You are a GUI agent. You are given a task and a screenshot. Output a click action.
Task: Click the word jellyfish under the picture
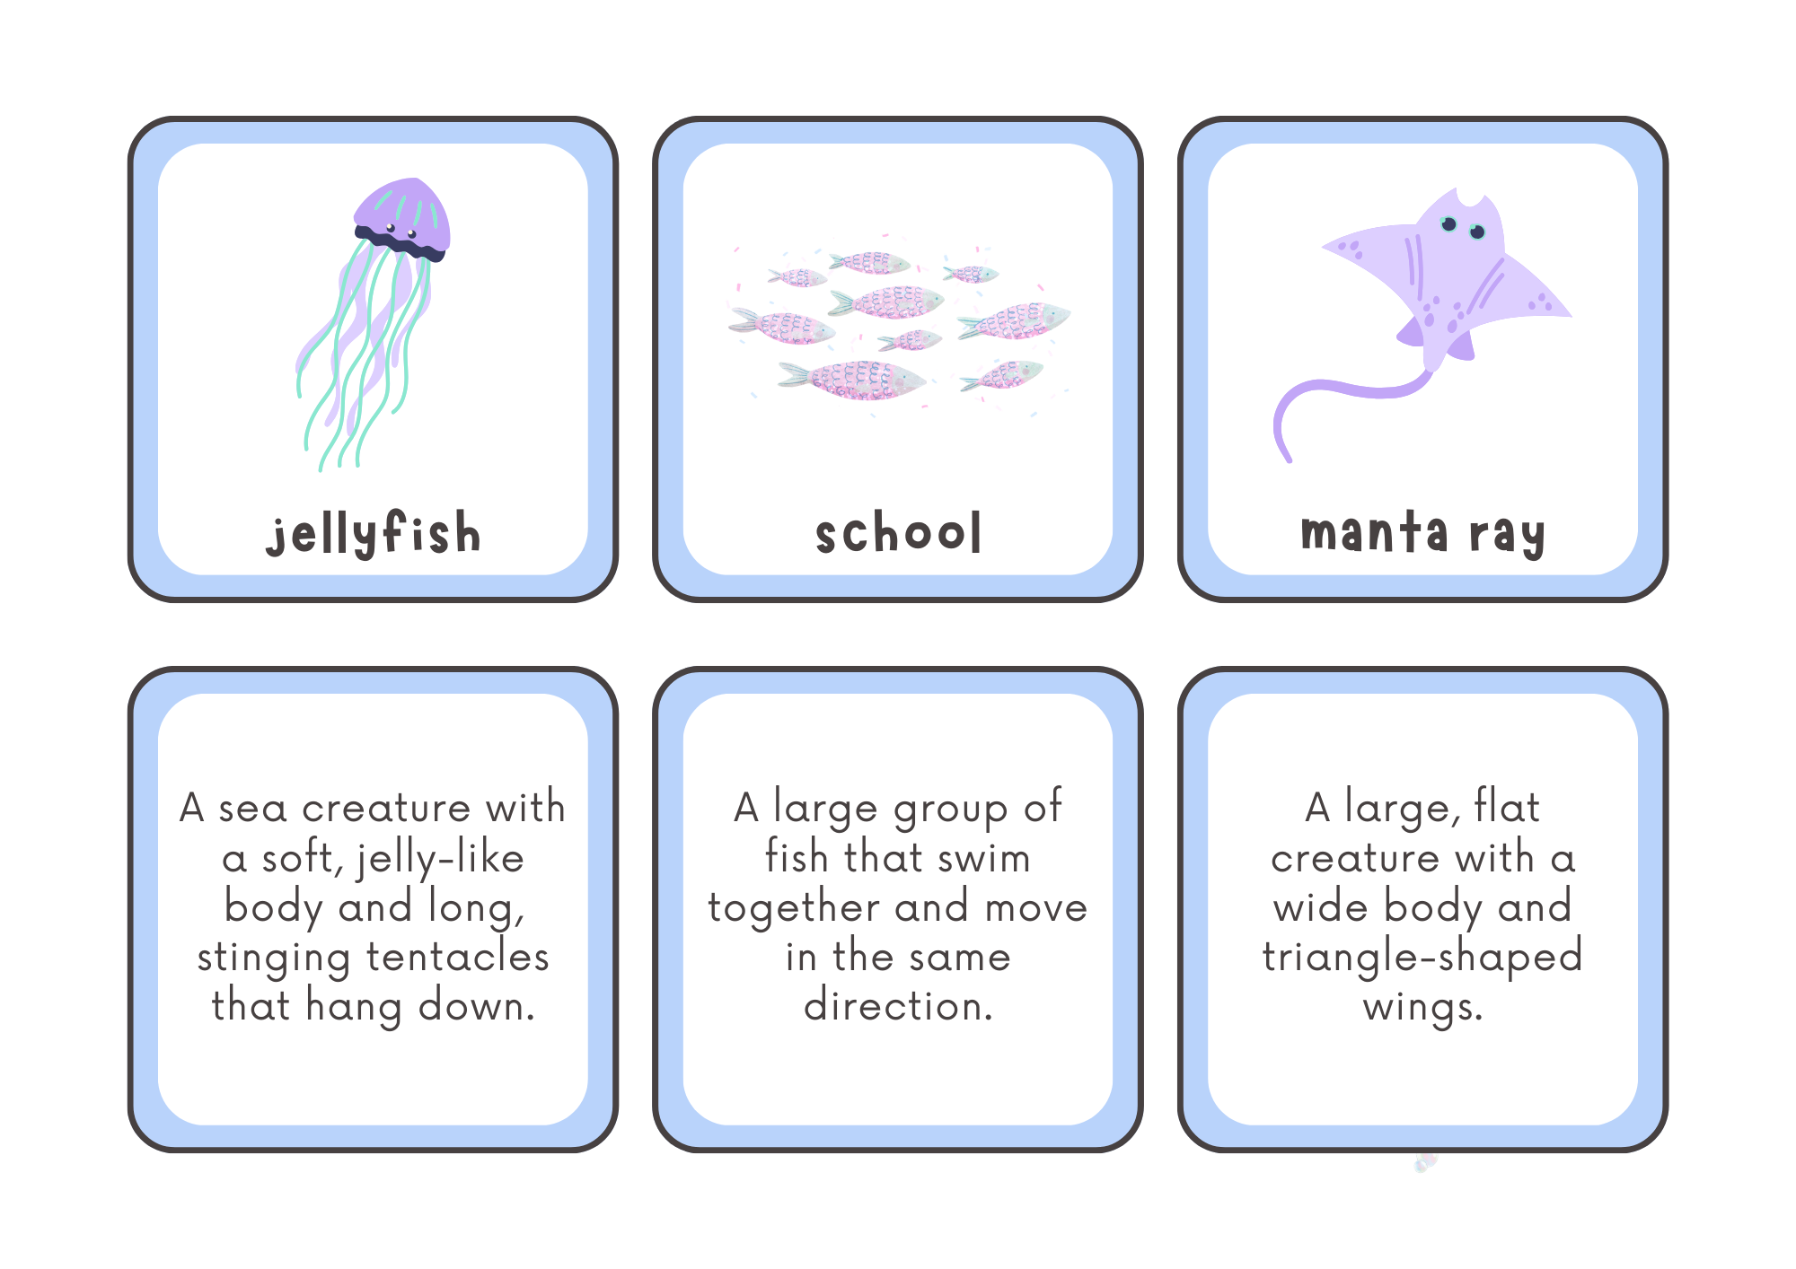pyautogui.click(x=374, y=533)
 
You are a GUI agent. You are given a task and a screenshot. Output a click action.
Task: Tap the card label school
pyautogui.click(x=898, y=533)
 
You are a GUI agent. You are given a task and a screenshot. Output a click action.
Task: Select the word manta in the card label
pyautogui.click(x=1374, y=533)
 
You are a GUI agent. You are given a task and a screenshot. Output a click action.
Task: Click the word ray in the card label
pyautogui.click(x=1507, y=535)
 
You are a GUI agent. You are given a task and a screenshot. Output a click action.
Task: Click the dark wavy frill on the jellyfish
pyautogui.click(x=401, y=242)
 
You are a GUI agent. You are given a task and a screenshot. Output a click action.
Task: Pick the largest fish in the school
pyautogui.click(x=853, y=380)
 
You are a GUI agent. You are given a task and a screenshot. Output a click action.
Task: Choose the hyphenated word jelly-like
pyautogui.click(x=440, y=859)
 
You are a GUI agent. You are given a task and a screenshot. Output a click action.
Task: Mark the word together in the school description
pyautogui.click(x=793, y=908)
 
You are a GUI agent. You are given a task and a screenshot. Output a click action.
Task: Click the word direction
pyautogui.click(x=898, y=1006)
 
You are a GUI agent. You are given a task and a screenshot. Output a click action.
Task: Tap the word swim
pyautogui.click(x=983, y=858)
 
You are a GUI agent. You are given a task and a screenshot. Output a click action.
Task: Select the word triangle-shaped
pyautogui.click(x=1422, y=958)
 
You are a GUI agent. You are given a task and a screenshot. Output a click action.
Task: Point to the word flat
pyautogui.click(x=1507, y=807)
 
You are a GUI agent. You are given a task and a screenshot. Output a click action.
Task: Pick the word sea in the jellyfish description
pyautogui.click(x=252, y=809)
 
